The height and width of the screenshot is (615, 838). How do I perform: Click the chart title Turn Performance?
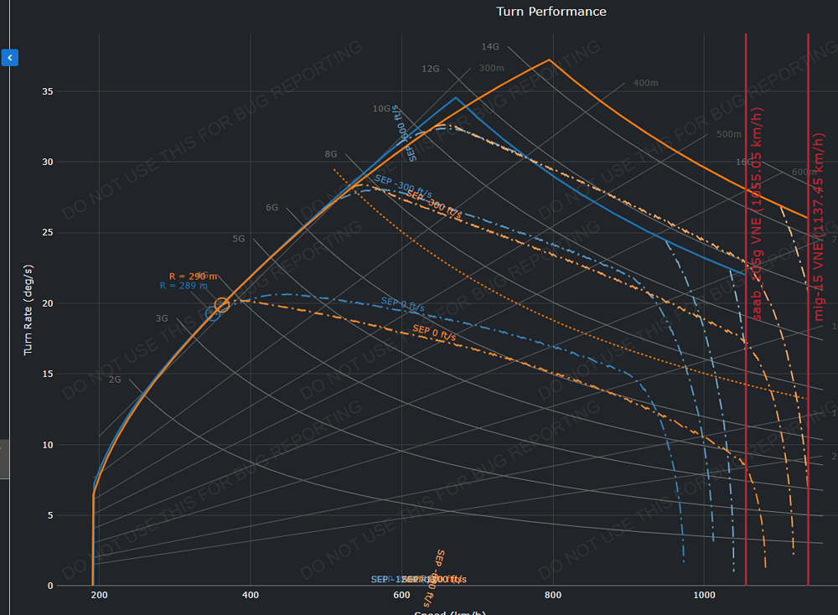tap(551, 12)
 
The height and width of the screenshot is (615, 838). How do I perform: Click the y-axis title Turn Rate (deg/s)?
tap(28, 309)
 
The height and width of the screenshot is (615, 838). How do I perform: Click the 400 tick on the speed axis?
tap(250, 595)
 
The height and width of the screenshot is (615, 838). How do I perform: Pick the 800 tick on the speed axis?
tap(552, 595)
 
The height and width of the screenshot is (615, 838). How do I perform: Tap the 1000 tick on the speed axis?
tap(704, 595)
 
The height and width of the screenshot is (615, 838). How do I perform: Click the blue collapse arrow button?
tap(9, 58)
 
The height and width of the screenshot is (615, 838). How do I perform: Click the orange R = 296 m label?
tap(193, 276)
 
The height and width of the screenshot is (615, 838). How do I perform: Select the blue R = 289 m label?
tap(184, 287)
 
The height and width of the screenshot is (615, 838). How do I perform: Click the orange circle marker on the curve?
tap(221, 305)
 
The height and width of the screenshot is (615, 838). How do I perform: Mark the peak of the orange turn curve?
tap(549, 60)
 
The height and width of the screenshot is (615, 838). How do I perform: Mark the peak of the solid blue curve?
tap(456, 98)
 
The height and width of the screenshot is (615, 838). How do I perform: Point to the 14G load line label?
tap(490, 47)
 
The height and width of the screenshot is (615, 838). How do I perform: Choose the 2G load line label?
tap(116, 380)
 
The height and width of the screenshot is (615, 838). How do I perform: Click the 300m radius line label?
tap(491, 69)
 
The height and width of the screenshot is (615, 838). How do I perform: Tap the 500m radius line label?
tap(729, 134)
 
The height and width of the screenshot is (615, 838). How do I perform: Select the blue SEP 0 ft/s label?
tap(402, 304)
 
